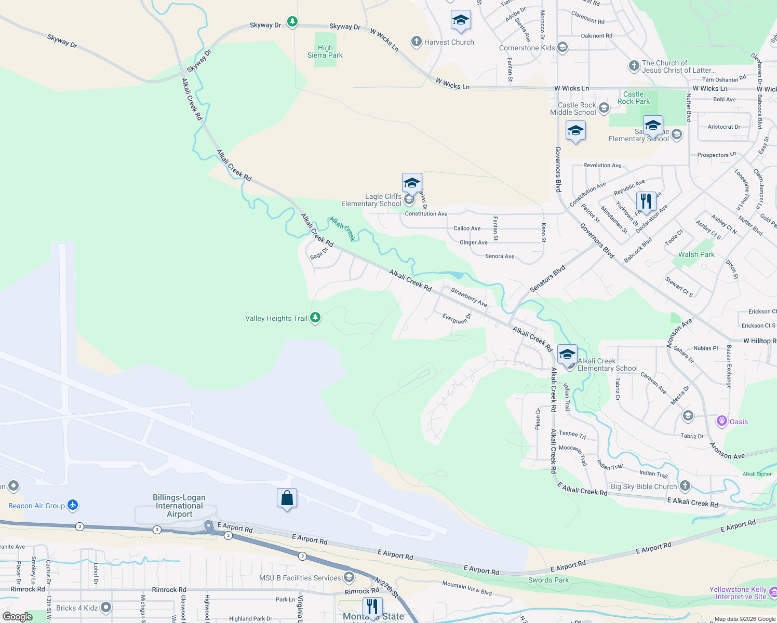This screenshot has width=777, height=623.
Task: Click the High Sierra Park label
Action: [x=325, y=51]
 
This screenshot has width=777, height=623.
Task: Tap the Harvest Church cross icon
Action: [x=416, y=42]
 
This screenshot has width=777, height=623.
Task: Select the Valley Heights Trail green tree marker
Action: [x=315, y=318]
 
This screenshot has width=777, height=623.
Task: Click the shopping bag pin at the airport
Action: [x=287, y=498]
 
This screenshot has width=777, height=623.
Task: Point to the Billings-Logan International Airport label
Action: [x=179, y=506]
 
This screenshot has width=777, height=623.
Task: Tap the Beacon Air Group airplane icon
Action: [x=73, y=505]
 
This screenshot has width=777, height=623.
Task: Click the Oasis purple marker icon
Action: [x=721, y=421]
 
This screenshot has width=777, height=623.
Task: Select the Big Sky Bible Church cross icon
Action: [x=685, y=486]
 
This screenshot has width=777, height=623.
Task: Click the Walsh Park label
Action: [x=696, y=254]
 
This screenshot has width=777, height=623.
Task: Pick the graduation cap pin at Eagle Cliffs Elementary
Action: [x=412, y=183]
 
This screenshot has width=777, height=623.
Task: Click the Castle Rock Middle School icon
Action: [x=604, y=108]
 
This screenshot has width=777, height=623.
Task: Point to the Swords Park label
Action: [x=548, y=580]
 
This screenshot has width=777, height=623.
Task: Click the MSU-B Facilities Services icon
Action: [x=349, y=577]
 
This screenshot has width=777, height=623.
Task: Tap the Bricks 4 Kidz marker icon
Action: [x=106, y=607]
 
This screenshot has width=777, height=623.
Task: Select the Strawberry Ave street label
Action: [x=469, y=297]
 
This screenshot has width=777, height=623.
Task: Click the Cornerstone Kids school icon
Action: [x=562, y=48]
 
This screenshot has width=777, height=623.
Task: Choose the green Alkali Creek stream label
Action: [x=342, y=229]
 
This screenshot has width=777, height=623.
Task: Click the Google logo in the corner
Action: [x=17, y=617]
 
